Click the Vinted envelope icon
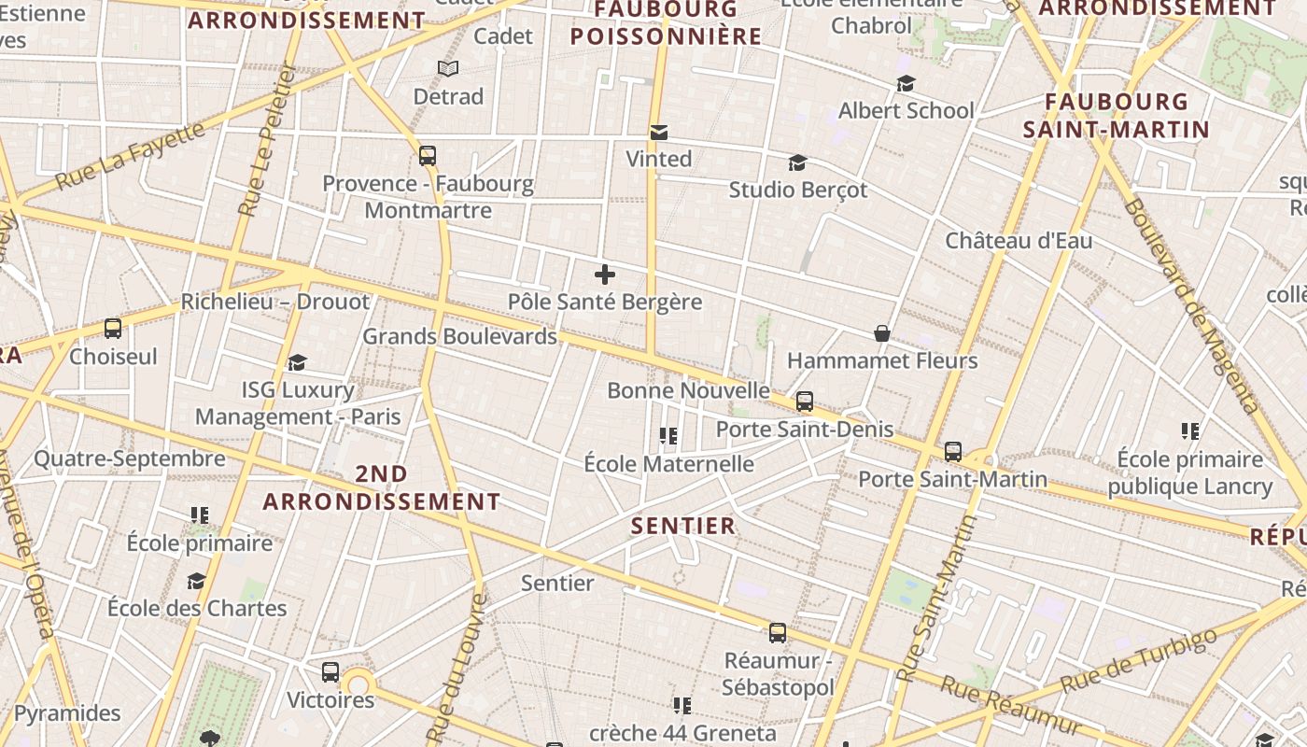pos(659,133)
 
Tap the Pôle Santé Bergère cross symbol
pos(605,275)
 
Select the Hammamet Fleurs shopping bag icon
pos(881,333)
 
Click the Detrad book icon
pos(448,68)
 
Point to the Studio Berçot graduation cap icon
pos(797,163)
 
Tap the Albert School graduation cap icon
pos(906,84)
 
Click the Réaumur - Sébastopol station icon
pos(778,633)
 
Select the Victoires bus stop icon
pos(330,671)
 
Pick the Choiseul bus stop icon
pos(113,329)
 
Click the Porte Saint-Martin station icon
pos(953,452)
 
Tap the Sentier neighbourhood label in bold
pos(683,526)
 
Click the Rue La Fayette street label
pos(130,156)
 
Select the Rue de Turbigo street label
pos(1140,662)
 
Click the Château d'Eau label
pos(1019,241)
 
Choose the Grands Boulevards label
pos(459,336)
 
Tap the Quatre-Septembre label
pos(130,458)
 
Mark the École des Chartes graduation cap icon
pos(196,582)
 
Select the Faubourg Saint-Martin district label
pos(1116,115)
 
